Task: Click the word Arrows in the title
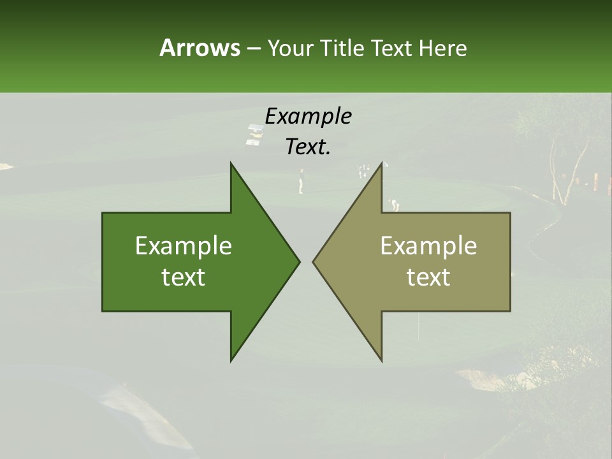(x=199, y=48)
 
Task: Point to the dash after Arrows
(x=252, y=48)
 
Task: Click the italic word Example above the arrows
(x=308, y=116)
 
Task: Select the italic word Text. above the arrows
(x=308, y=147)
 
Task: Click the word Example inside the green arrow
(x=184, y=245)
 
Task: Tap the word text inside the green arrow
(x=184, y=277)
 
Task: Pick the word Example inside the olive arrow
(x=428, y=245)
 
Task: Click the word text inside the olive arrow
(x=428, y=277)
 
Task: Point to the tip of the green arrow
(x=299, y=261)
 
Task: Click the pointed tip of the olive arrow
(x=314, y=261)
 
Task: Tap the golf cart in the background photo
(x=256, y=135)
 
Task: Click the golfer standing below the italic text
(x=301, y=182)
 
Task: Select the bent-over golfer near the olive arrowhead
(x=394, y=204)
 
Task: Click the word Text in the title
(x=391, y=48)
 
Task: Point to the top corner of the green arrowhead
(x=231, y=163)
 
